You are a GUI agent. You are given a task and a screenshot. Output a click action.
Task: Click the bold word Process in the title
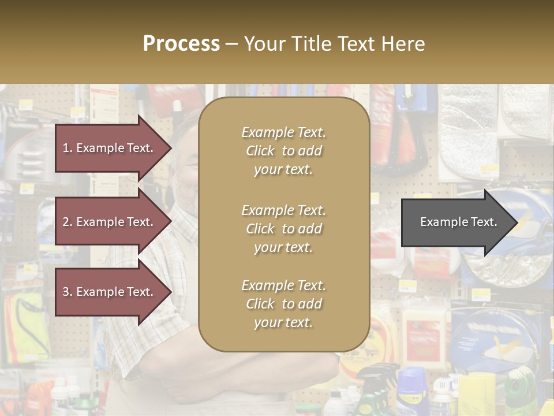(x=181, y=44)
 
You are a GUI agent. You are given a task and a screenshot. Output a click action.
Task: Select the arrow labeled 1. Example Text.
(x=110, y=148)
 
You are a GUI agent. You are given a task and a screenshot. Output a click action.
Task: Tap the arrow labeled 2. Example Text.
(x=110, y=222)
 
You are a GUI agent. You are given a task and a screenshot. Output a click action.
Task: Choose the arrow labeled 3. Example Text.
(x=110, y=292)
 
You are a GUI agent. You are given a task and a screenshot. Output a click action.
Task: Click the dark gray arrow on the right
(x=456, y=222)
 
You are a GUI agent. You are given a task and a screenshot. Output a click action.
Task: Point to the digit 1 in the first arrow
(x=66, y=148)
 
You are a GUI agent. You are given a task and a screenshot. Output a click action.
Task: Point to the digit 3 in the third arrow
(x=66, y=292)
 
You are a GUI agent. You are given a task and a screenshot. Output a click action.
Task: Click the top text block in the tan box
(x=283, y=151)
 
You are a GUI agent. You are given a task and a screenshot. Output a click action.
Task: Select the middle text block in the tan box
(x=283, y=229)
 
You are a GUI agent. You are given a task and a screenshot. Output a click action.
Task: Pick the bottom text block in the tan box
(x=283, y=304)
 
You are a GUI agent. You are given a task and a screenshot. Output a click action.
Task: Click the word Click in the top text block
(x=260, y=151)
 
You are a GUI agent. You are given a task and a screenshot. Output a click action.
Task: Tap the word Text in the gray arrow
(x=484, y=222)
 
